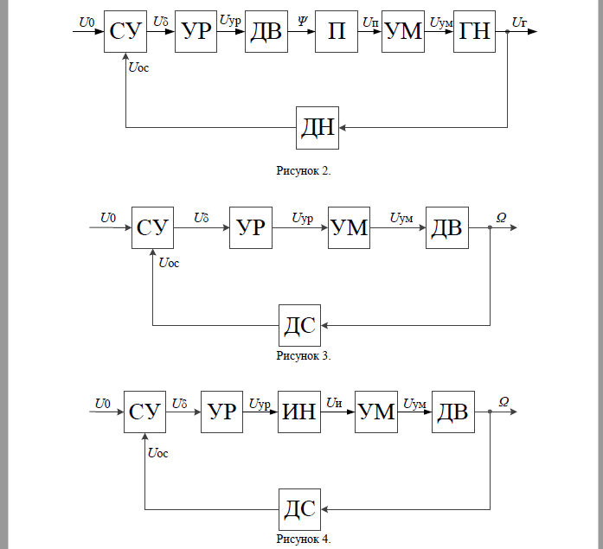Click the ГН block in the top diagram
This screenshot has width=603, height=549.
click(475, 32)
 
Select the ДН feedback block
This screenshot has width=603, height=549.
click(318, 128)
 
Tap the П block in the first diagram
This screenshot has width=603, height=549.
click(337, 32)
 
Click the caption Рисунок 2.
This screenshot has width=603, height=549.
click(303, 170)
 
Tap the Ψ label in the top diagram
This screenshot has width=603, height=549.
click(301, 20)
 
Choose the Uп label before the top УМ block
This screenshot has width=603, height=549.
click(369, 20)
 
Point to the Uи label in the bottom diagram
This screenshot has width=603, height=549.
click(335, 401)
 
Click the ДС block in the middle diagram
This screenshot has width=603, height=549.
click(299, 326)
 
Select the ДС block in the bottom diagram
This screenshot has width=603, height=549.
click(299, 509)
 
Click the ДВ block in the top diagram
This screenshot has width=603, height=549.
click(266, 32)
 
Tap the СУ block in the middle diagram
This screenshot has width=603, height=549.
click(153, 228)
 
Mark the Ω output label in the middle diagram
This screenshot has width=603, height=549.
click(501, 216)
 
